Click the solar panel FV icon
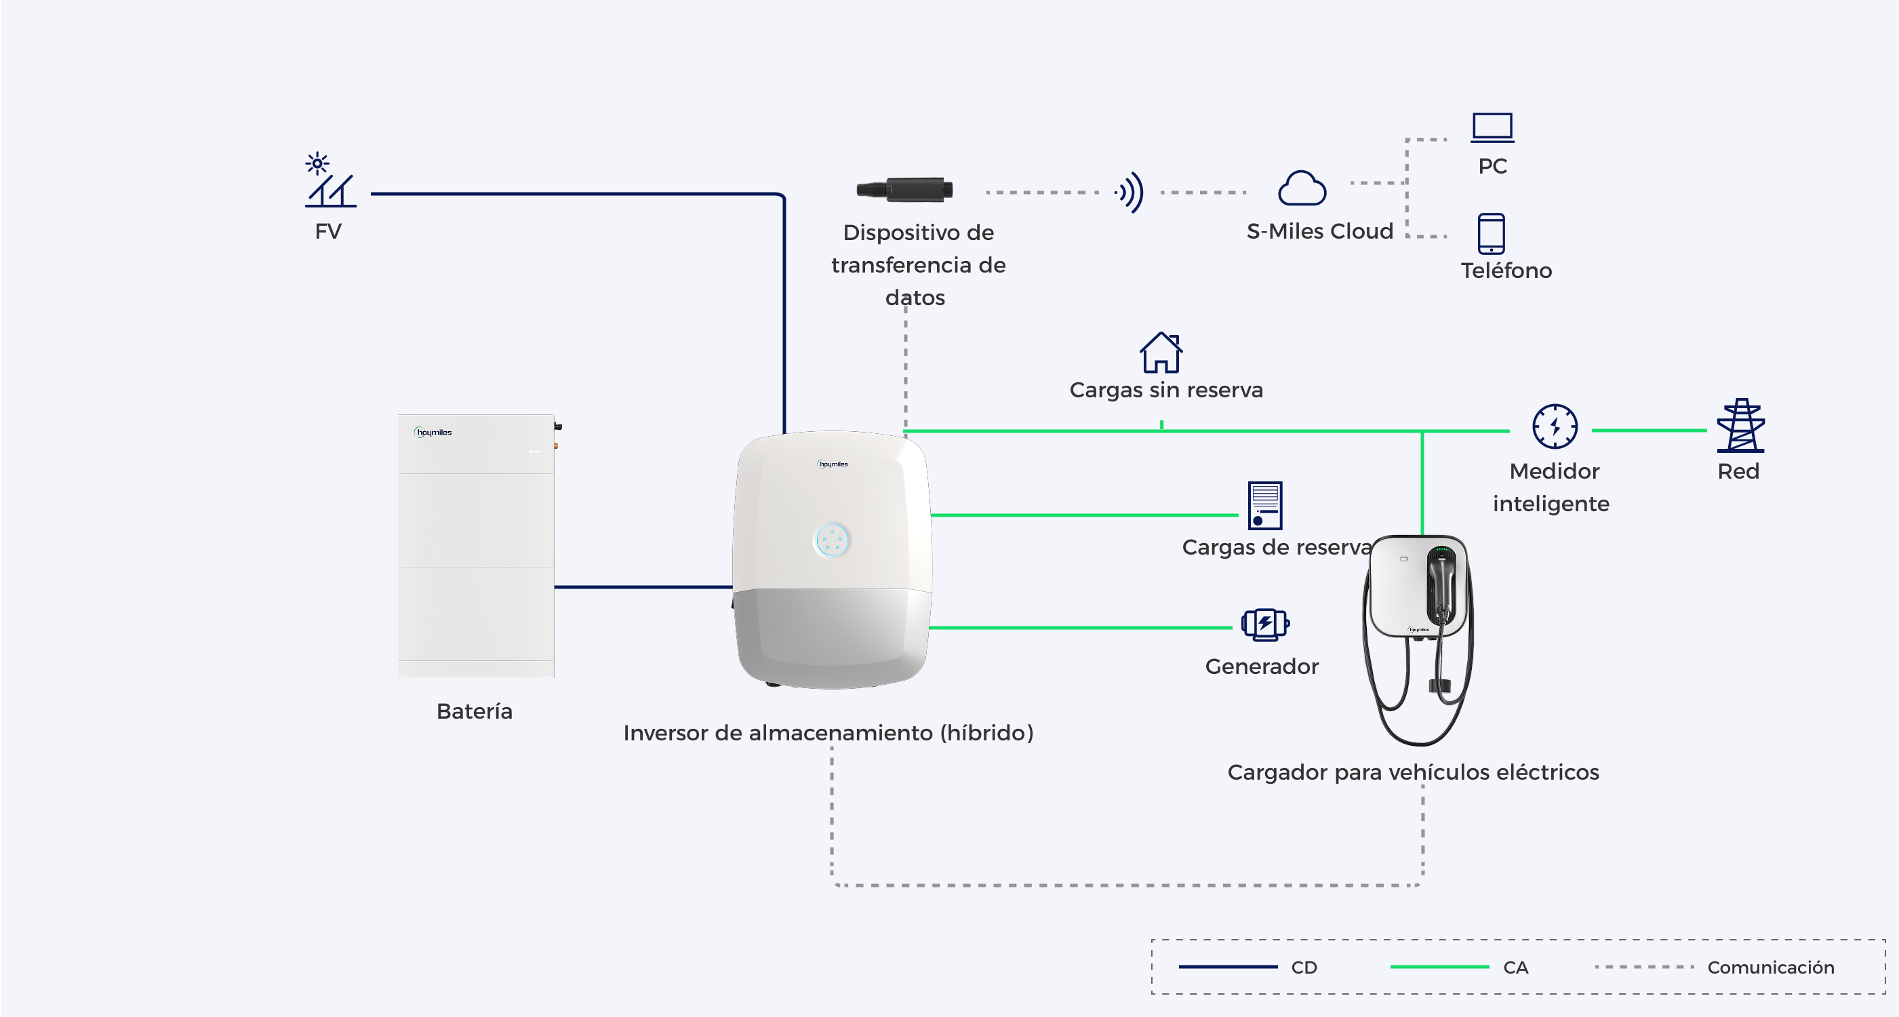click(x=330, y=180)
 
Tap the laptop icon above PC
click(x=1492, y=127)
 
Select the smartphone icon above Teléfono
click(x=1491, y=234)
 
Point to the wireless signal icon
click(x=1130, y=193)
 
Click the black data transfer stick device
click(x=904, y=189)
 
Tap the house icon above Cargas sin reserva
click(x=1161, y=353)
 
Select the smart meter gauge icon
click(x=1555, y=426)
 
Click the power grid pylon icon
click(x=1740, y=425)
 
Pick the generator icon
click(x=1265, y=624)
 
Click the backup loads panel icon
click(x=1265, y=506)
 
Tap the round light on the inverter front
click(x=833, y=540)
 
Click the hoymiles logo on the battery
click(x=433, y=432)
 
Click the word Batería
click(x=474, y=711)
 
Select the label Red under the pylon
click(x=1738, y=472)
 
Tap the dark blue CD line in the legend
click(x=1228, y=967)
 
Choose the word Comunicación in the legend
click(x=1771, y=967)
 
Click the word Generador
click(x=1261, y=666)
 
